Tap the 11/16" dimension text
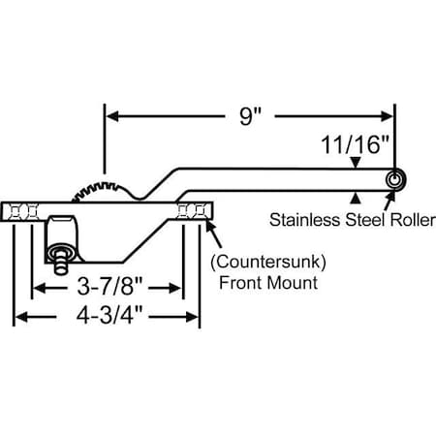click(356, 146)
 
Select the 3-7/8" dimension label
click(107, 288)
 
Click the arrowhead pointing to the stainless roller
click(389, 200)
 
